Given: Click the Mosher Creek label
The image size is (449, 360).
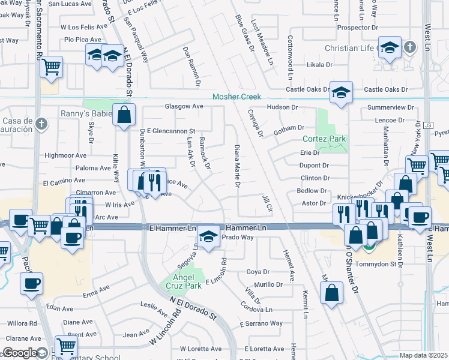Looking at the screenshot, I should coord(238,97).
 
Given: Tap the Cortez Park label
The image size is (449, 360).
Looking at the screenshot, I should coord(325,139).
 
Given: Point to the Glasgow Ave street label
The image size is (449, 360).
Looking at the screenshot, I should coord(184,107).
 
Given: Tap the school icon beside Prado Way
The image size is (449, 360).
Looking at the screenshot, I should coord(208,236).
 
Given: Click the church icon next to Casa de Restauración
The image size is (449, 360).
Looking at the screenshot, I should coord(40,124).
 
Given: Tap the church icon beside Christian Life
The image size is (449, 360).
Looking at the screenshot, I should coord(409,47).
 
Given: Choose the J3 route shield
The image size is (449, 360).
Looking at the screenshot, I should coord(427,125).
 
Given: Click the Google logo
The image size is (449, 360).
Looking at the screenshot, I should coord(20,353).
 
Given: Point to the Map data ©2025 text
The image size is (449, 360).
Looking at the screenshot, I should coord(424,355).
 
